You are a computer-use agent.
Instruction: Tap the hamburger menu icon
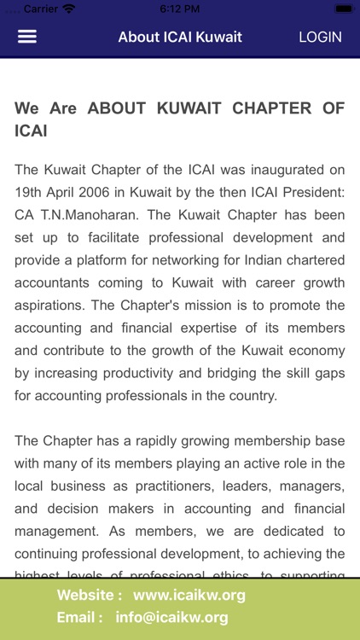(27, 37)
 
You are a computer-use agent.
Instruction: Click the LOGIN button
(320, 37)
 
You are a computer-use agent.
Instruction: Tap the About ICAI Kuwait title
(180, 37)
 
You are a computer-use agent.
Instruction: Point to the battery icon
(344, 9)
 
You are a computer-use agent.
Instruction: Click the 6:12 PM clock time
(180, 9)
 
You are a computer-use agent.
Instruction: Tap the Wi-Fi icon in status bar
(68, 9)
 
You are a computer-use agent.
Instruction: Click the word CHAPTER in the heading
(269, 108)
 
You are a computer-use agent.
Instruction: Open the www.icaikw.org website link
(189, 596)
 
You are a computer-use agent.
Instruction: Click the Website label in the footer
(90, 596)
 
